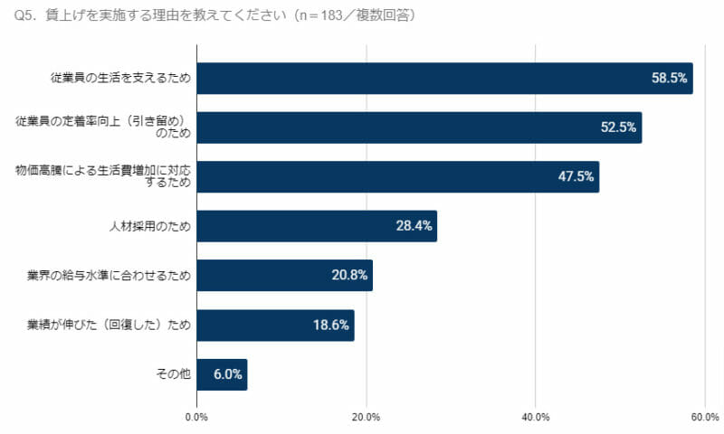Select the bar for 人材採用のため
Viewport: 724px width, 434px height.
317,226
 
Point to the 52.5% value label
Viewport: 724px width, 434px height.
619,127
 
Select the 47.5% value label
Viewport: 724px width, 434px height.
576,177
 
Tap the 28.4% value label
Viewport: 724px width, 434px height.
414,226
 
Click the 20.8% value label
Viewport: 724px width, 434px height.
349,276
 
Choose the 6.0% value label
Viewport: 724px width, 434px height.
228,374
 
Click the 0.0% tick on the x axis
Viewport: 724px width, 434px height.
196,417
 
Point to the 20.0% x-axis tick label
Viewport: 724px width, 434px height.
367,417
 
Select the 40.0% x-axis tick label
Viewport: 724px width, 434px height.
536,417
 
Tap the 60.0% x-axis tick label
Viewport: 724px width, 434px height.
705,417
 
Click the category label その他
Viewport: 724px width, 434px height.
174,374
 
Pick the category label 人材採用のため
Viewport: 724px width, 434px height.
149,226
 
